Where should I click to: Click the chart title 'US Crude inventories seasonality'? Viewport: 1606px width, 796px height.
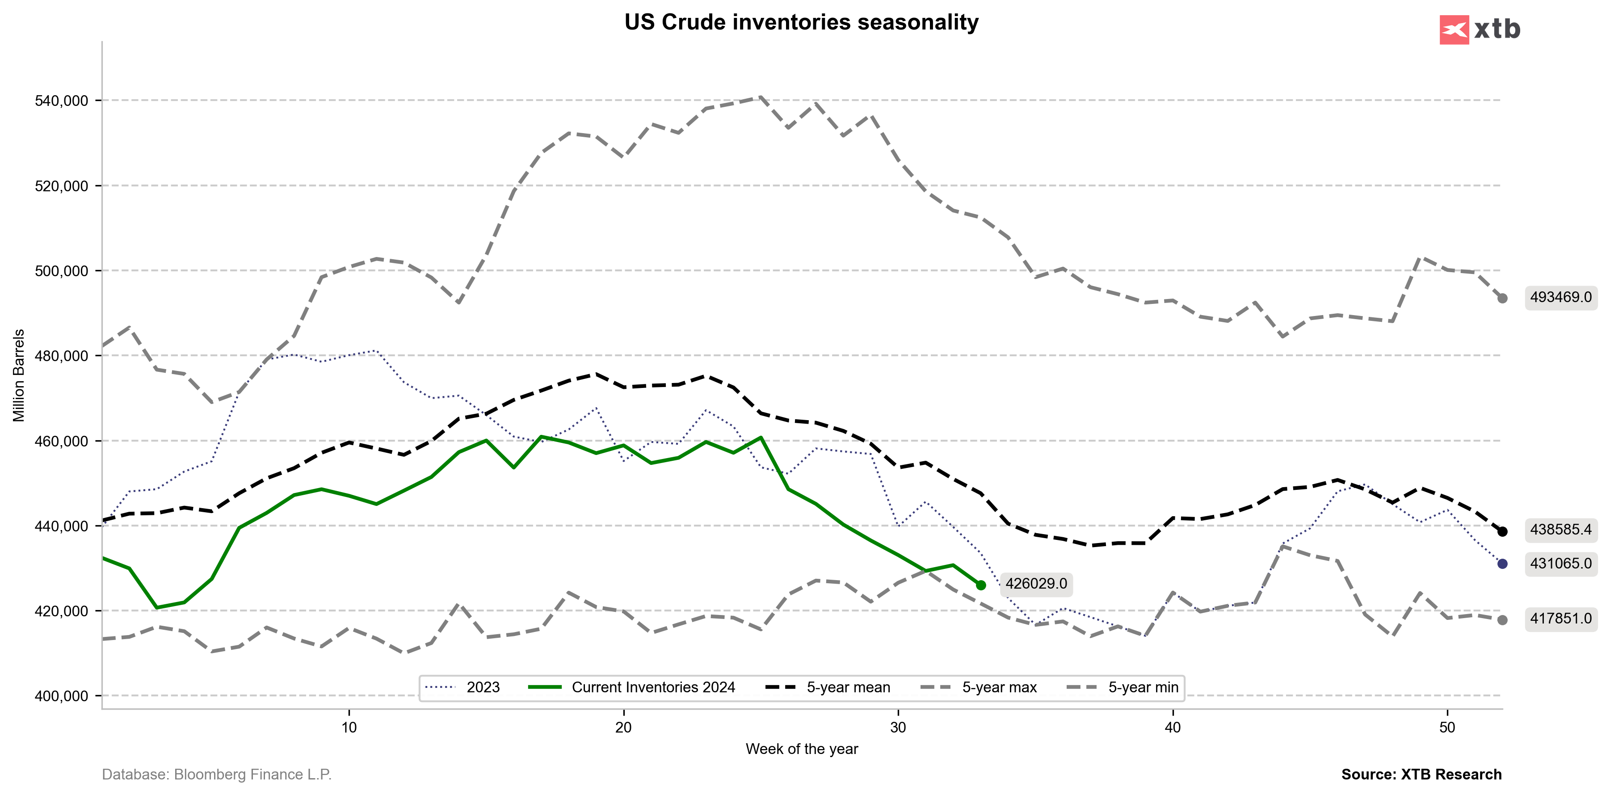[801, 22]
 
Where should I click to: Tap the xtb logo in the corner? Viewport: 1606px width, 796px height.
[1480, 29]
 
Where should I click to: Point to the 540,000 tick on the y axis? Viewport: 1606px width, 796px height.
[62, 101]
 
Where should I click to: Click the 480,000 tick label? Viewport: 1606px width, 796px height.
[62, 356]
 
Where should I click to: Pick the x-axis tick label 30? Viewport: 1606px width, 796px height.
[898, 728]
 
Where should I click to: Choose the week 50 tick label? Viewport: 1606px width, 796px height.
[1447, 728]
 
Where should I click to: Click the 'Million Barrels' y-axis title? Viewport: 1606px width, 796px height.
[19, 375]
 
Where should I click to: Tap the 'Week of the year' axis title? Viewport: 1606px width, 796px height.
[802, 749]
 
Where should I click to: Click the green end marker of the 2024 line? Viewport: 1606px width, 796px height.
[981, 585]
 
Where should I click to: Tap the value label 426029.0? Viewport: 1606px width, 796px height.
[1036, 584]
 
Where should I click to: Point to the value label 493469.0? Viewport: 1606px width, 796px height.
[1560, 297]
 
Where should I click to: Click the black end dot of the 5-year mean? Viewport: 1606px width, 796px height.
[1502, 532]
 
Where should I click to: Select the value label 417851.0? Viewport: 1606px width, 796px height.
[1560, 619]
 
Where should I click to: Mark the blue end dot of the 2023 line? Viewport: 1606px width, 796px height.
[1502, 564]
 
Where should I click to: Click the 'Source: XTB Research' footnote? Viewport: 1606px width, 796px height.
[1421, 775]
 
